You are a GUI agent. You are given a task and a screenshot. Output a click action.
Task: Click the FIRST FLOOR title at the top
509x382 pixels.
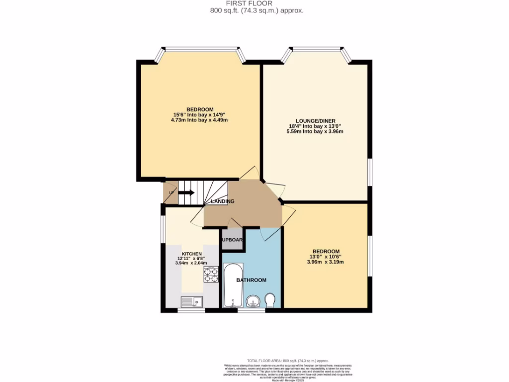pyautogui.click(x=254, y=3)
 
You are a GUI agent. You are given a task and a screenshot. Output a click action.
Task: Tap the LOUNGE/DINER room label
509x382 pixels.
pyautogui.click(x=315, y=121)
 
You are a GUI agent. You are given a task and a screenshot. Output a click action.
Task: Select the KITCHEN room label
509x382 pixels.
pyautogui.click(x=191, y=254)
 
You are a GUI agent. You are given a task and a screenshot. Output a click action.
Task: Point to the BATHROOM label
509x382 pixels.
pyautogui.click(x=251, y=280)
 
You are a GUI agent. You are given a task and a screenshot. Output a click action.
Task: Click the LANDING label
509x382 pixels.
pyautogui.click(x=223, y=201)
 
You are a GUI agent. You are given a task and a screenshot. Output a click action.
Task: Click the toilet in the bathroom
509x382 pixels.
pyautogui.click(x=270, y=300)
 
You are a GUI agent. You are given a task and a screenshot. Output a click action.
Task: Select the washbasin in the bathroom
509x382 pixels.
pyautogui.click(x=254, y=301)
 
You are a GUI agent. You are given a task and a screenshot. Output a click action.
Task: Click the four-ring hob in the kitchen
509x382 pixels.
pyautogui.click(x=211, y=275)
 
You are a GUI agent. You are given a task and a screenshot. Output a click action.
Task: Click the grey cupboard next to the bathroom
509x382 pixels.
pyautogui.click(x=232, y=239)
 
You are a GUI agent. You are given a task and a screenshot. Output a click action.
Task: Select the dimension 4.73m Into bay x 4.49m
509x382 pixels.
pyautogui.click(x=200, y=120)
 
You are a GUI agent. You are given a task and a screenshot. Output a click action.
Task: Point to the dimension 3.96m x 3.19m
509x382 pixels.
pyautogui.click(x=326, y=262)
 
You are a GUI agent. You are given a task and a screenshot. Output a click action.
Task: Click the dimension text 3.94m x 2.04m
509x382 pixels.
pyautogui.click(x=191, y=264)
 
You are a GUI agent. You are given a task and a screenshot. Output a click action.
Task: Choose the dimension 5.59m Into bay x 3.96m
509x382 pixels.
pyautogui.click(x=315, y=132)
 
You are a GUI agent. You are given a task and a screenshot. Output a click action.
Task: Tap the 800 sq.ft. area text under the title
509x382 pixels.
pyautogui.click(x=254, y=10)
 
